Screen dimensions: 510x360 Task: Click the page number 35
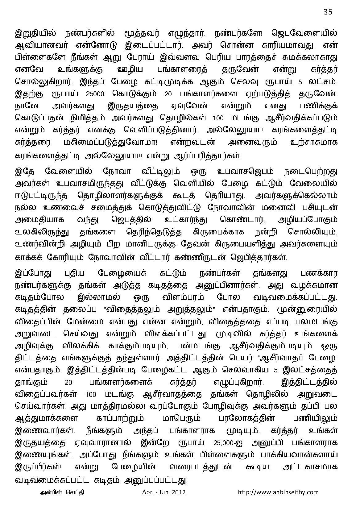point(328,12)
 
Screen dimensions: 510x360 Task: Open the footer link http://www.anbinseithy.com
point(278,492)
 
